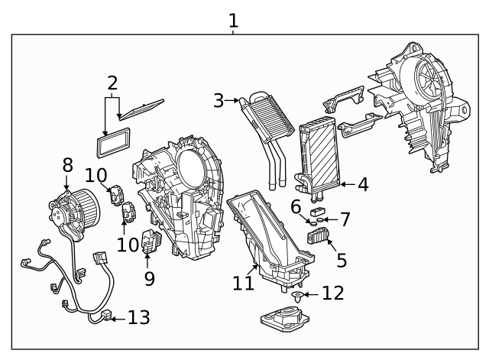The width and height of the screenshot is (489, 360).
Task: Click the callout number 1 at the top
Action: click(233, 21)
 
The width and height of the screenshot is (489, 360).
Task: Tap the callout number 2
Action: click(112, 83)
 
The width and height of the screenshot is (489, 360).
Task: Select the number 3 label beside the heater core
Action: click(219, 100)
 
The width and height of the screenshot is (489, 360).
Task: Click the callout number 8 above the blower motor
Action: click(67, 164)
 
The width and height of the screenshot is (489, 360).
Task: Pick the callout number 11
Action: click(243, 283)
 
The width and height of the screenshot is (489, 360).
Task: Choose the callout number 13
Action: click(139, 317)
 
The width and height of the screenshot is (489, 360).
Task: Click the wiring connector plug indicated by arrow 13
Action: click(105, 316)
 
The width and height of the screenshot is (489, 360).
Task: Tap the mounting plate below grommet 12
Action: click(288, 319)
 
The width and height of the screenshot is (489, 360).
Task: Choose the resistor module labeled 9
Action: click(151, 243)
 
